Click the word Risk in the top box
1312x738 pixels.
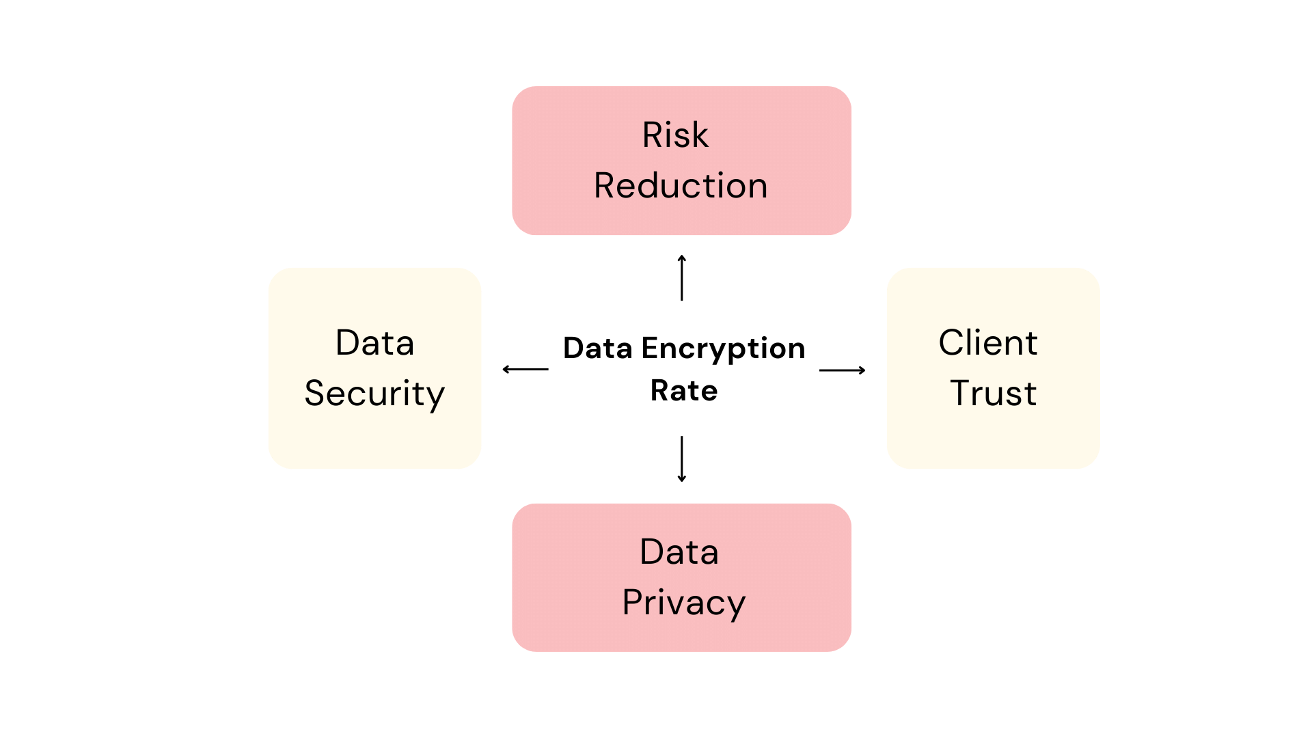(x=675, y=135)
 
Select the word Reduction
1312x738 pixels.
(x=681, y=186)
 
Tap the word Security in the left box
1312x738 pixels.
(x=374, y=394)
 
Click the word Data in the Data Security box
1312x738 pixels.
(x=374, y=343)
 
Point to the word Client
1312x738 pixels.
(x=988, y=343)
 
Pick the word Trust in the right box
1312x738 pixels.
(x=994, y=394)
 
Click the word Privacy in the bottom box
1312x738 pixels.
(x=683, y=603)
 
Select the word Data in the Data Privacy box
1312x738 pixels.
(x=679, y=552)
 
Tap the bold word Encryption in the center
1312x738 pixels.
(x=723, y=349)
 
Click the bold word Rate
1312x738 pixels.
(x=683, y=391)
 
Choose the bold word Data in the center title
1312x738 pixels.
(x=597, y=348)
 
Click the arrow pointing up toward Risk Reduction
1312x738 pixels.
(x=682, y=279)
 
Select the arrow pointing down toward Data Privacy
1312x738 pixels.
(x=682, y=459)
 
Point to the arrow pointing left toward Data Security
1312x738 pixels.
(x=525, y=369)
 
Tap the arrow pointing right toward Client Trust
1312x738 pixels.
(x=842, y=370)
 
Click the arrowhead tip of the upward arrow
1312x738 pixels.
(x=682, y=256)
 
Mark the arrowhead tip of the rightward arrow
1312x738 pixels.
(x=864, y=370)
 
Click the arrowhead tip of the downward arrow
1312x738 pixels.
(x=682, y=480)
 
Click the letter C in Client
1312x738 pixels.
(x=952, y=342)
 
